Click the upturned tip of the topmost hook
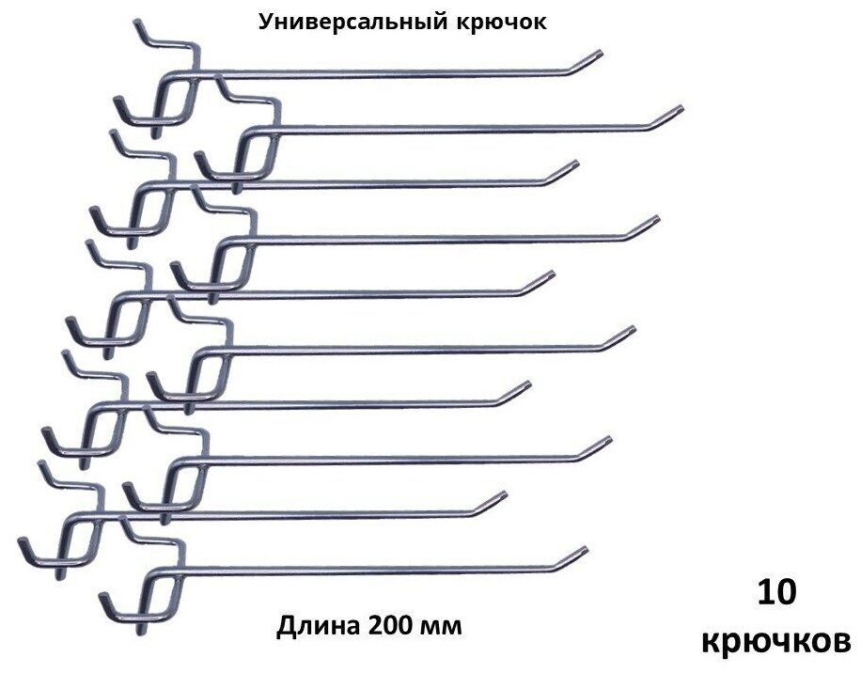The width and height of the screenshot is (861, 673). pos(599,55)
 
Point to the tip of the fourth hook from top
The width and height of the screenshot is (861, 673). pos(654,220)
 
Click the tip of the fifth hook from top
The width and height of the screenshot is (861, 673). pos(549,275)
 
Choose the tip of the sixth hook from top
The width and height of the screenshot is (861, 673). pos(631,330)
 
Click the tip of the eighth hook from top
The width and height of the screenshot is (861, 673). pos(607,440)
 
